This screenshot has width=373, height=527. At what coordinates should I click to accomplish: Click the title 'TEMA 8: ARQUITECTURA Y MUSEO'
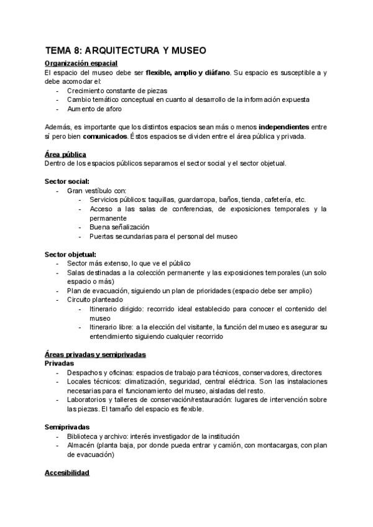[x=126, y=51]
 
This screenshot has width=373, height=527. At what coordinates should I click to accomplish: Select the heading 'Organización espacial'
[x=81, y=63]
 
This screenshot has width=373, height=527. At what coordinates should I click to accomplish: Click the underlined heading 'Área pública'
[x=65, y=154]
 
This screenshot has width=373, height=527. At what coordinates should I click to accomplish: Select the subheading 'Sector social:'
[x=69, y=181]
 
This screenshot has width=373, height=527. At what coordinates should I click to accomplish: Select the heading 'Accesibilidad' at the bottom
[x=67, y=473]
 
